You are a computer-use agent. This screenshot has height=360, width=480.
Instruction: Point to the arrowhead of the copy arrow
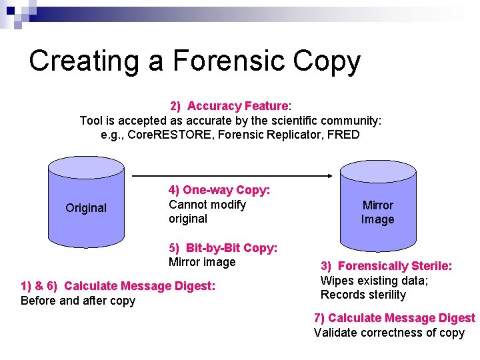click(328, 176)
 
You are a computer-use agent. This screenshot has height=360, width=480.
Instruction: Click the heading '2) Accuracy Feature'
click(229, 106)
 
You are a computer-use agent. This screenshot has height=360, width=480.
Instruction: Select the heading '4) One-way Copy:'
click(219, 190)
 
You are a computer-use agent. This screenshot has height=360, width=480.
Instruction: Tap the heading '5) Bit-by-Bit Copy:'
click(223, 248)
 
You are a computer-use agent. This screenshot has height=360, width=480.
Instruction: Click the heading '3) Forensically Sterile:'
click(386, 266)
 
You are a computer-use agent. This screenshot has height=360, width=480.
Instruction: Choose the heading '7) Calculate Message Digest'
click(394, 318)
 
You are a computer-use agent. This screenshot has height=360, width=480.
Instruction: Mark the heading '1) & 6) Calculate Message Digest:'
click(118, 286)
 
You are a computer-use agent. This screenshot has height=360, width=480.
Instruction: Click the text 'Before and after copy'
click(78, 301)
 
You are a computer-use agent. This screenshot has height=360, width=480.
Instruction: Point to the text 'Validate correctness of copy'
click(389, 333)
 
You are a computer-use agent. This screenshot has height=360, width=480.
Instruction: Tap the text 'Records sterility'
click(363, 295)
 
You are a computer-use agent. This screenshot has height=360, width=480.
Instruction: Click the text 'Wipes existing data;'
click(374, 281)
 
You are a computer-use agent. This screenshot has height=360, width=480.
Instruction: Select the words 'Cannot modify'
click(207, 205)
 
